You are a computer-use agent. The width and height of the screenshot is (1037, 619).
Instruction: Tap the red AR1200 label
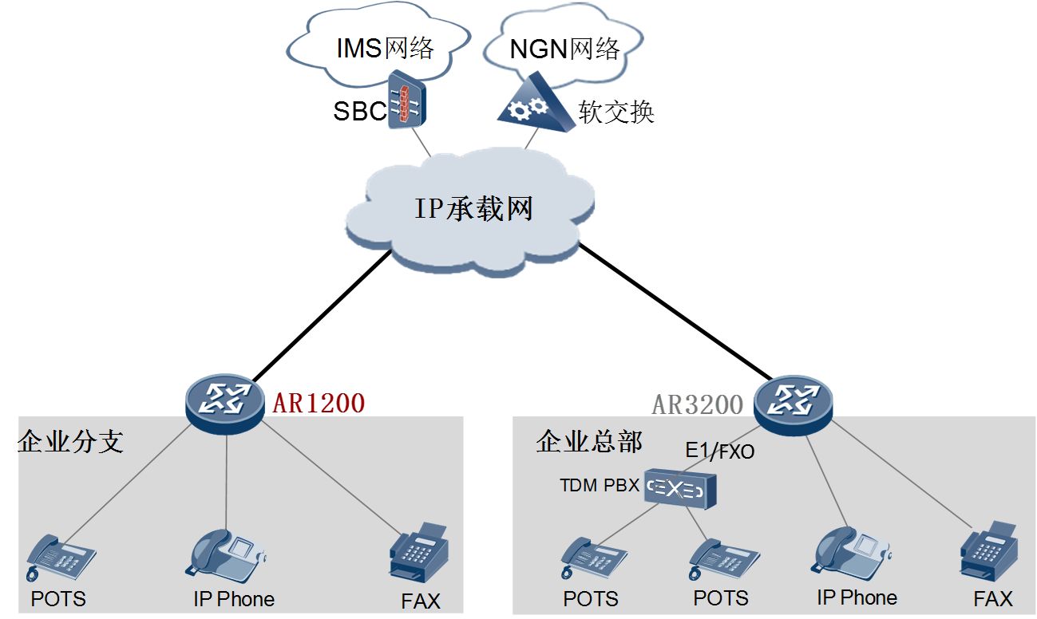point(319,404)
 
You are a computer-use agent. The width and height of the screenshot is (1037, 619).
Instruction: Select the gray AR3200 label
point(698,404)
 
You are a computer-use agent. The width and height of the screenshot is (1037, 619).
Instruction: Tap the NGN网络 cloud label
point(564,49)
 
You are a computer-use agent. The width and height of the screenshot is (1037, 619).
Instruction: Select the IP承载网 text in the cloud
point(473,208)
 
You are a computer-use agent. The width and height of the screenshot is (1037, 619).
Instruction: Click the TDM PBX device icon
point(680,488)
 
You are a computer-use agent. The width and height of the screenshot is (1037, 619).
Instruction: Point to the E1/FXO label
point(719,451)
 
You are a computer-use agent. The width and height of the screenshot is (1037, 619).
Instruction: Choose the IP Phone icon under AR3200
point(850,550)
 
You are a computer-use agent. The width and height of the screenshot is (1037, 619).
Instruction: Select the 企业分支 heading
point(71,441)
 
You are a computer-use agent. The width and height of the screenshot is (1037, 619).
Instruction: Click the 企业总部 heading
point(589,441)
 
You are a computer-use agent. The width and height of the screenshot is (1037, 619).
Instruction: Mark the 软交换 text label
point(617,112)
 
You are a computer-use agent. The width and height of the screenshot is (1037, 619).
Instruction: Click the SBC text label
point(360,111)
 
